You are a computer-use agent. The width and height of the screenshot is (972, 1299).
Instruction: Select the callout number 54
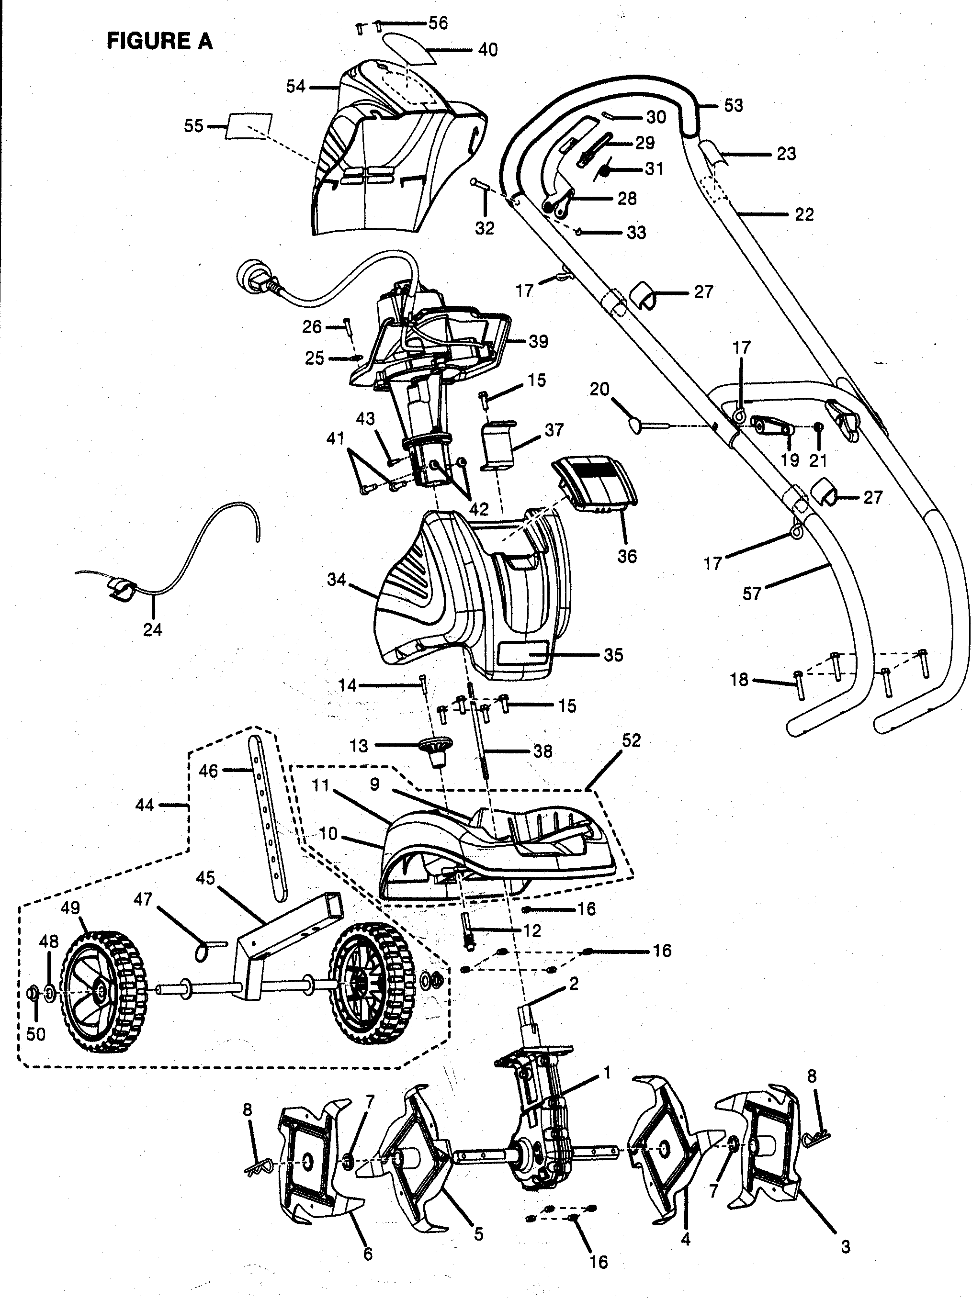point(295,87)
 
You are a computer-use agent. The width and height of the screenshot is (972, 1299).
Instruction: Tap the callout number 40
point(487,50)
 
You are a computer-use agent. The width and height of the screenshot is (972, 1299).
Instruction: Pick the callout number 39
point(538,341)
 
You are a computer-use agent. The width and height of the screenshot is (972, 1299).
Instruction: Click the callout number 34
point(337,580)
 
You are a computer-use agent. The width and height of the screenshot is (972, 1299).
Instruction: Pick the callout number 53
point(734,106)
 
